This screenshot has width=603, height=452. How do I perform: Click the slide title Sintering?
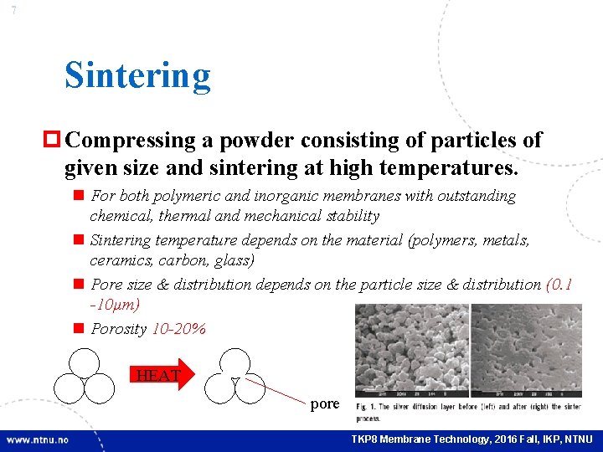tap(137, 75)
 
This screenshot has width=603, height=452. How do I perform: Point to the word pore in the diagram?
tap(325, 404)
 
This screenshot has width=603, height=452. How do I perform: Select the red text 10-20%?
tap(178, 329)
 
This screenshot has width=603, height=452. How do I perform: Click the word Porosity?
tap(118, 329)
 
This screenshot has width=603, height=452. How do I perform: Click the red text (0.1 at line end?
tap(559, 285)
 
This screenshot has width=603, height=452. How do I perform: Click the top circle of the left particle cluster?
tap(85, 362)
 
